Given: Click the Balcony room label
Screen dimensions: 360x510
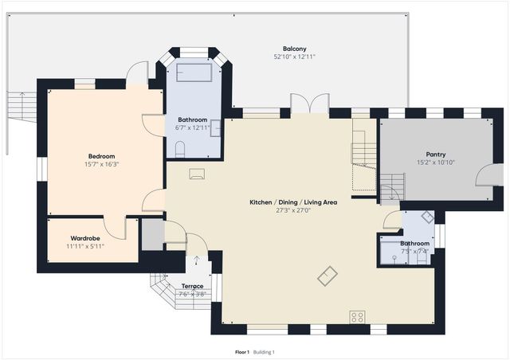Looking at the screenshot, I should (294, 49).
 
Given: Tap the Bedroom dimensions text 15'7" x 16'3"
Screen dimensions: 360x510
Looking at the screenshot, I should (102, 164).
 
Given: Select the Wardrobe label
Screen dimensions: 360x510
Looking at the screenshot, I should (84, 238).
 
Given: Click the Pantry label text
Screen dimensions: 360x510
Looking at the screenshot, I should (436, 155).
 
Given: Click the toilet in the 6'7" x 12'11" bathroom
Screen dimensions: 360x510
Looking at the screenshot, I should (180, 148).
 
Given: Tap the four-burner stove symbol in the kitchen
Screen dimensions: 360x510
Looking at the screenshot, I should (357, 317).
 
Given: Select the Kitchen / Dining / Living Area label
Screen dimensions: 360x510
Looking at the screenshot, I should (293, 202).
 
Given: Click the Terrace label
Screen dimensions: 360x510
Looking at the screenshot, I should (192, 286).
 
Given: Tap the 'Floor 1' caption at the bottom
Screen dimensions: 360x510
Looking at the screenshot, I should (242, 352).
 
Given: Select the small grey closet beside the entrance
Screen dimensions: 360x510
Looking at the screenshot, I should (152, 234).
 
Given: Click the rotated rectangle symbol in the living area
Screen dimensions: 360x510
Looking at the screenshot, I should (327, 276).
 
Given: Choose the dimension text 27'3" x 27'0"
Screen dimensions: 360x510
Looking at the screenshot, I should (293, 211).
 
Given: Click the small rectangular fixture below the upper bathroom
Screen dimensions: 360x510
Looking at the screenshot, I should (197, 174).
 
